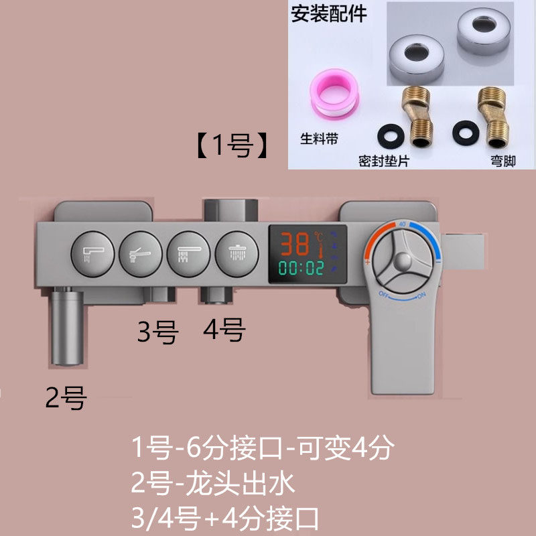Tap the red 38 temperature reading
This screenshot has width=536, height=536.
coord(295,244)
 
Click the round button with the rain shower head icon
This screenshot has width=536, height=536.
coord(237,254)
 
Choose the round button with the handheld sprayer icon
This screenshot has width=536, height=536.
coord(141,254)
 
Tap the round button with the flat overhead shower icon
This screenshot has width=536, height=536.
coord(188,254)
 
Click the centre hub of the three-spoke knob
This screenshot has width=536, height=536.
coord(403,261)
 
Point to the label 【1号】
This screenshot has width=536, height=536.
coord(232,146)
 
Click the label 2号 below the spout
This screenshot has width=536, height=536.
coord(66,397)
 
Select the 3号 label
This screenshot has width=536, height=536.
coord(157,332)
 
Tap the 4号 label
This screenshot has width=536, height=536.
coord(224,329)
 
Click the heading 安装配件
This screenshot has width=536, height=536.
coord(328,14)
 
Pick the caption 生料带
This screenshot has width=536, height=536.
coord(319,139)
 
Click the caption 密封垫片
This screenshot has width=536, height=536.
coord(383,161)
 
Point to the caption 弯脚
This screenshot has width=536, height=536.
coord(503,161)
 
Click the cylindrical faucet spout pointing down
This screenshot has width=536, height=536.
coord(68,326)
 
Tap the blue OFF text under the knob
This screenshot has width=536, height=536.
coord(384,294)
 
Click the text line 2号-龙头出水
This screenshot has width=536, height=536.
coord(212,484)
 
